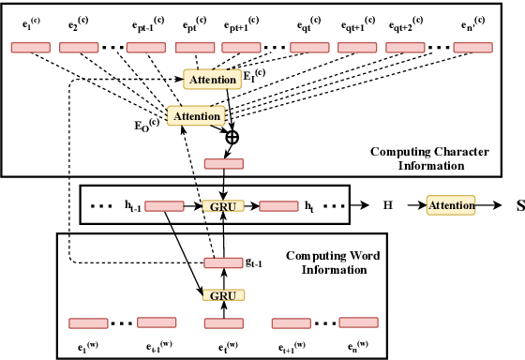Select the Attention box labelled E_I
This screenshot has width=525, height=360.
tap(213, 81)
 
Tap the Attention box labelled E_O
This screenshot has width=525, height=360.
tap(196, 116)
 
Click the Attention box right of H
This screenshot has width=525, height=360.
tap(452, 202)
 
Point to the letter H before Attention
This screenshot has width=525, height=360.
tap(387, 203)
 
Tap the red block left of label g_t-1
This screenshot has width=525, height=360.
tap(224, 263)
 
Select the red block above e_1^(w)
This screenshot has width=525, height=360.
tap(89, 324)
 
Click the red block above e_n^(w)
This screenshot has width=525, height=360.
tap(357, 324)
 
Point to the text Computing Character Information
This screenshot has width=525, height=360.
tap(417, 157)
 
